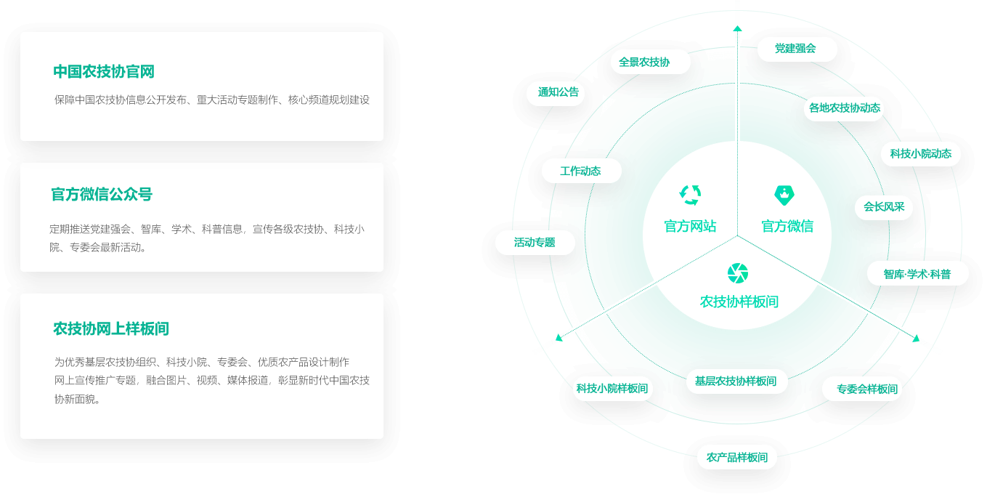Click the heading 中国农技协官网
point(104,71)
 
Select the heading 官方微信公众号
point(102,194)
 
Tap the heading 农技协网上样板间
point(110,328)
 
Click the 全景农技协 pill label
point(643,62)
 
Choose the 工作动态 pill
point(580,171)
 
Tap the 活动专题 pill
point(535,243)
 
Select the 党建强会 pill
point(795,49)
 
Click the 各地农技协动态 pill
point(844,108)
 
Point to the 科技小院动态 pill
point(920,154)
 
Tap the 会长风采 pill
point(884,207)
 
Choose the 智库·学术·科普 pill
point(917,274)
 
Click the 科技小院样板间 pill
point(612,389)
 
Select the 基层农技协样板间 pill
point(735,381)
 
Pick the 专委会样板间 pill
point(866,389)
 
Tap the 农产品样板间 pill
point(736,458)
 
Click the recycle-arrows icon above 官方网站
point(690,195)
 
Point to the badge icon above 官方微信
point(784,195)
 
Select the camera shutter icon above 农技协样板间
point(737,273)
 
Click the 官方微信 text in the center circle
point(787,227)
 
